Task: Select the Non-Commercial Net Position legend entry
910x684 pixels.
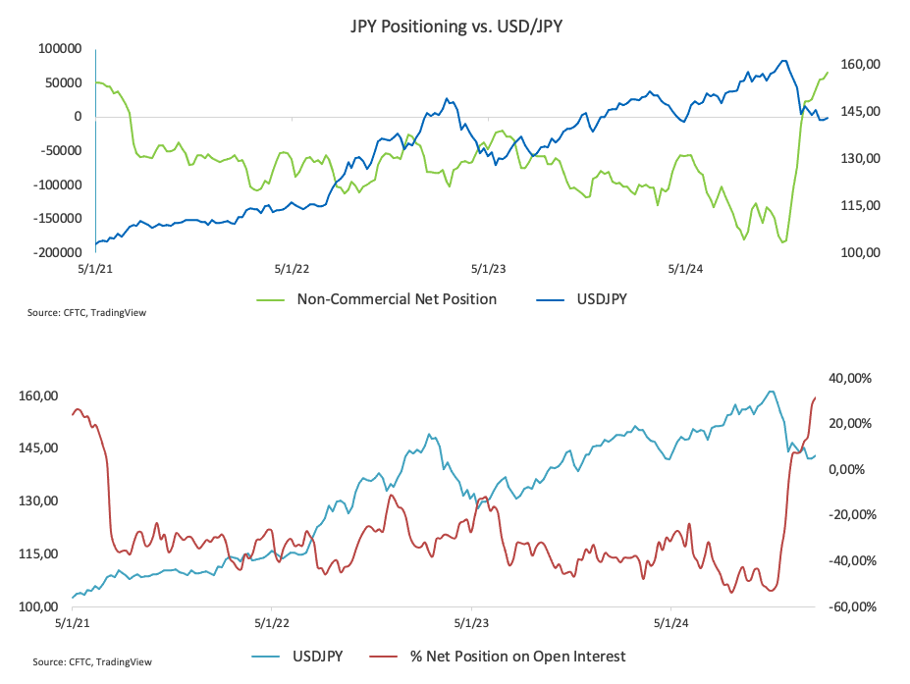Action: (x=397, y=298)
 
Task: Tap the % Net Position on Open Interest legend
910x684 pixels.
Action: (x=517, y=656)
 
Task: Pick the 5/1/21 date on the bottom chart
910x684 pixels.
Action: (x=73, y=622)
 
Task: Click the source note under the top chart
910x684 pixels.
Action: (x=94, y=312)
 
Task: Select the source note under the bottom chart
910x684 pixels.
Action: (x=92, y=662)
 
